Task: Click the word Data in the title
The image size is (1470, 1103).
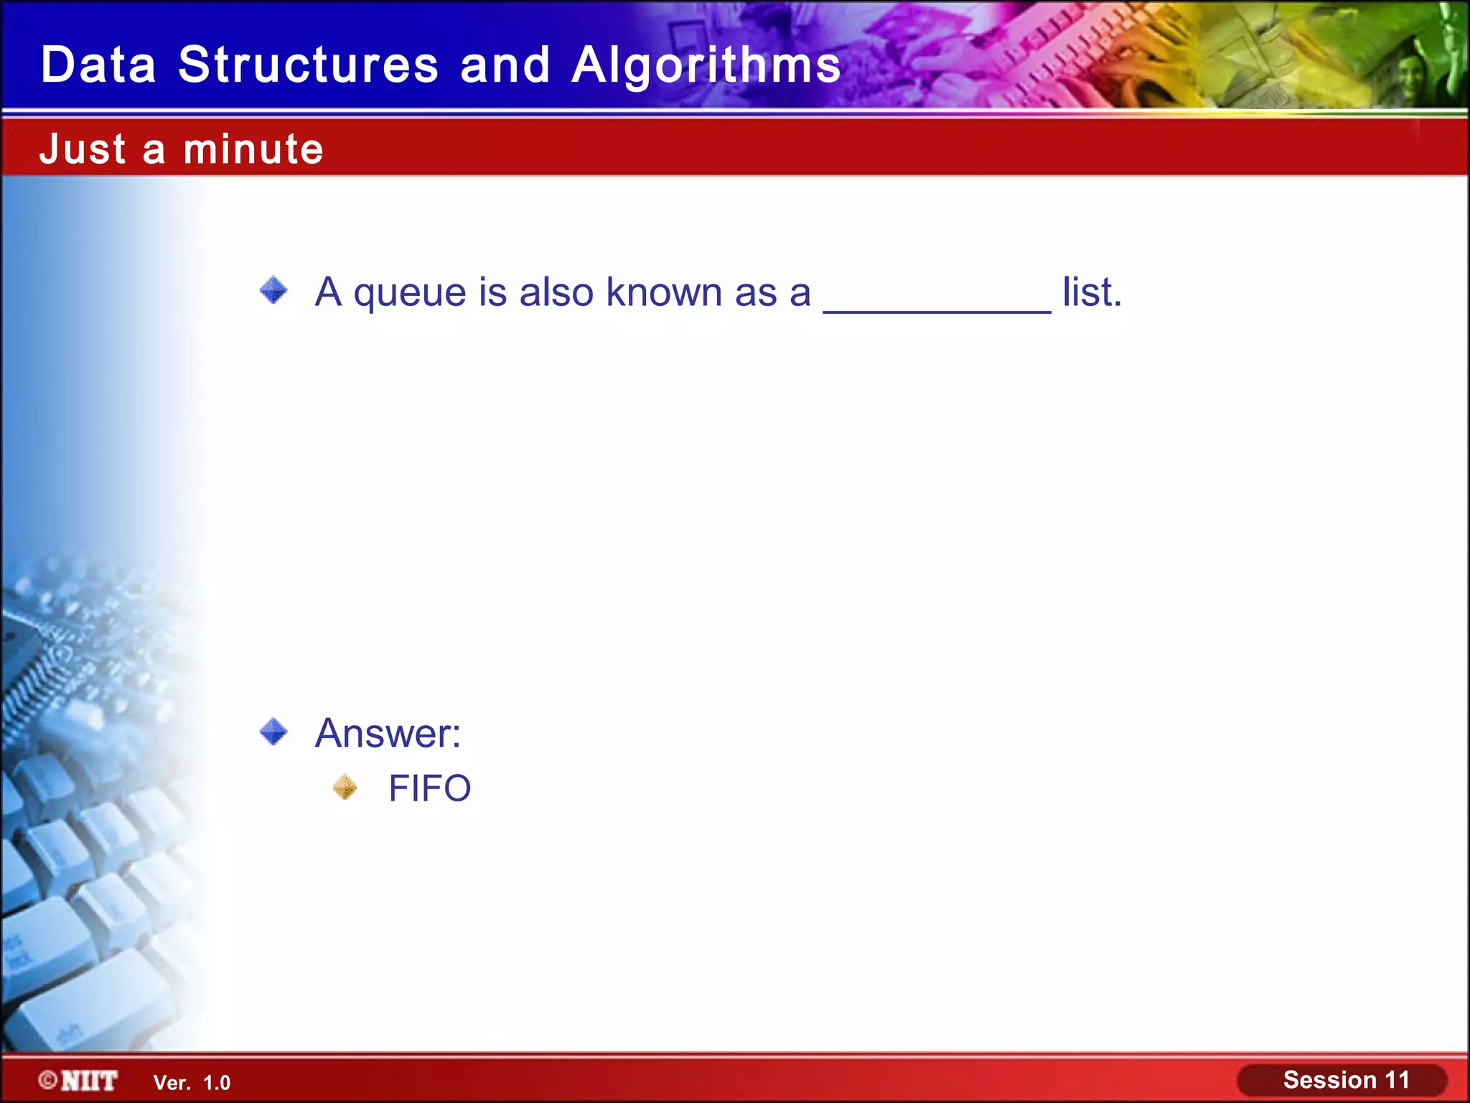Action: (98, 65)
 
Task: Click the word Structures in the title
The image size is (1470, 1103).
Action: (308, 65)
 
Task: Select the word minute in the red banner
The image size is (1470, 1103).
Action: (253, 149)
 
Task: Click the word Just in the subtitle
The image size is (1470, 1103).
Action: (83, 149)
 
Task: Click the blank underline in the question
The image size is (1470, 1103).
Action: (937, 309)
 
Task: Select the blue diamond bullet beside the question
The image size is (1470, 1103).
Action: (273, 290)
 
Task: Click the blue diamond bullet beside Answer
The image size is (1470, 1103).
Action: (273, 732)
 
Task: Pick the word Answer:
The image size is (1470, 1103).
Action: (388, 733)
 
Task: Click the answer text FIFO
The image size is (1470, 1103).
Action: (429, 788)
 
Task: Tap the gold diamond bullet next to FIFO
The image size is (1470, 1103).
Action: (345, 787)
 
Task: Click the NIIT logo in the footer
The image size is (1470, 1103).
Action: (89, 1081)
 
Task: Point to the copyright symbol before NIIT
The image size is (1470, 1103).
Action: (48, 1080)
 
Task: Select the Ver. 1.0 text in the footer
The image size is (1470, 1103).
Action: (192, 1083)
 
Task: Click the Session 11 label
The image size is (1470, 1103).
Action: (1345, 1080)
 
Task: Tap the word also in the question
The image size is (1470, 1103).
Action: (557, 292)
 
